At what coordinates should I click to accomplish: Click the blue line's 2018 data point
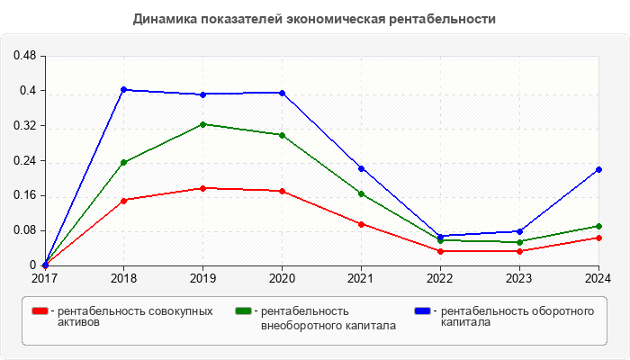click(x=123, y=89)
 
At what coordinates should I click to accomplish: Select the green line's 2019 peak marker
click(x=202, y=124)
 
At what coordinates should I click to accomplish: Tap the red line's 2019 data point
click(x=202, y=188)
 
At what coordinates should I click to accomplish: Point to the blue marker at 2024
click(x=598, y=169)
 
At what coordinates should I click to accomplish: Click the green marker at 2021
click(x=361, y=193)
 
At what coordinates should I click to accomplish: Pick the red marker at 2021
click(x=361, y=224)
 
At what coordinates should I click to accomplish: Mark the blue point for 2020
click(x=282, y=93)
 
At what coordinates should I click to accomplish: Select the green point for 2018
click(x=123, y=163)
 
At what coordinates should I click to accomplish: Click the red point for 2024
click(x=598, y=238)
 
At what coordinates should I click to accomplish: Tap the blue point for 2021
click(x=361, y=168)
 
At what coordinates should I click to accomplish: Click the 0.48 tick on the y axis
click(x=24, y=56)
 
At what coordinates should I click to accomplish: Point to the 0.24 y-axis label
click(x=24, y=161)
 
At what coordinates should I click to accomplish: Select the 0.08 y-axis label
click(x=24, y=230)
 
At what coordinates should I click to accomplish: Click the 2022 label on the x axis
click(x=440, y=278)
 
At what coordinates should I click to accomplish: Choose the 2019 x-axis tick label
click(x=202, y=278)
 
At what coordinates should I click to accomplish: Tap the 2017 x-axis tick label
click(x=44, y=278)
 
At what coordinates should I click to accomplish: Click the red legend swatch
click(x=40, y=310)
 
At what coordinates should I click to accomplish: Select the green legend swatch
click(x=243, y=310)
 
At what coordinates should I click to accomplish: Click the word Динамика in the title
click(x=163, y=18)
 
